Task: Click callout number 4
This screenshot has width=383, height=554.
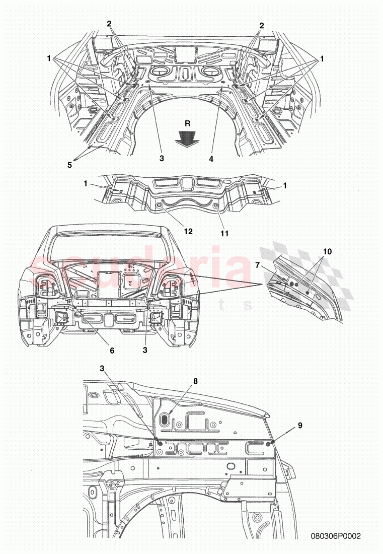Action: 211,159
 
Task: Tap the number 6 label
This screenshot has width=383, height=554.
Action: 112,350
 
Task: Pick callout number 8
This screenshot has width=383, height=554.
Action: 195,381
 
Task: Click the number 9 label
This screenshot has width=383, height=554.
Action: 300,425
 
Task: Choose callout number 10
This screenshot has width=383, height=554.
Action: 328,251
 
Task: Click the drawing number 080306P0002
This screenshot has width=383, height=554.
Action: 336,537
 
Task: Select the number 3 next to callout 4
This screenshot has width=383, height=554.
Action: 162,159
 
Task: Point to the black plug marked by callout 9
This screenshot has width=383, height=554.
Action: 269,443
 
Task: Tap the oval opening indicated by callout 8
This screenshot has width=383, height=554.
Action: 165,419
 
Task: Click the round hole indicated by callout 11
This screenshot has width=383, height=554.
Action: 215,206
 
